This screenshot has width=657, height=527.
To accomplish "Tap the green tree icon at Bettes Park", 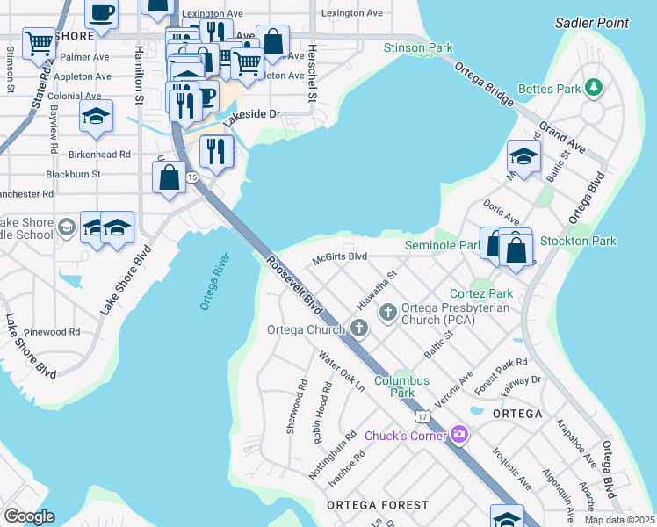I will click(595, 87).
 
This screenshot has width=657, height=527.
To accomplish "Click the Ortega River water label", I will click(215, 282).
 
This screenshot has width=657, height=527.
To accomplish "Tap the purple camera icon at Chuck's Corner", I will click(458, 435).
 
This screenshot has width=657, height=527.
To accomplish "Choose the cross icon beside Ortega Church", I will click(357, 328).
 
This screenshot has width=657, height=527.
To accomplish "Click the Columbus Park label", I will click(401, 386).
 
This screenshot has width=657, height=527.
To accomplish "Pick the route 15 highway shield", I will click(191, 177).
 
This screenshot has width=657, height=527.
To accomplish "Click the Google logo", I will click(29, 516).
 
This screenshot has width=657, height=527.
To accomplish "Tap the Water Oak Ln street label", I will click(342, 372).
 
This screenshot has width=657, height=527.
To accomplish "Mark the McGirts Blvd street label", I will click(339, 257).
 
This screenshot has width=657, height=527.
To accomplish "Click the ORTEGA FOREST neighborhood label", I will click(378, 505).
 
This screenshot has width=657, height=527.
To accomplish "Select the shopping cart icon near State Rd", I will click(39, 42).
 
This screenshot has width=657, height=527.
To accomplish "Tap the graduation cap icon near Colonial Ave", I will click(96, 116).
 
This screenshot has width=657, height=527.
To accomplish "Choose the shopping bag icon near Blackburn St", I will click(169, 177).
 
